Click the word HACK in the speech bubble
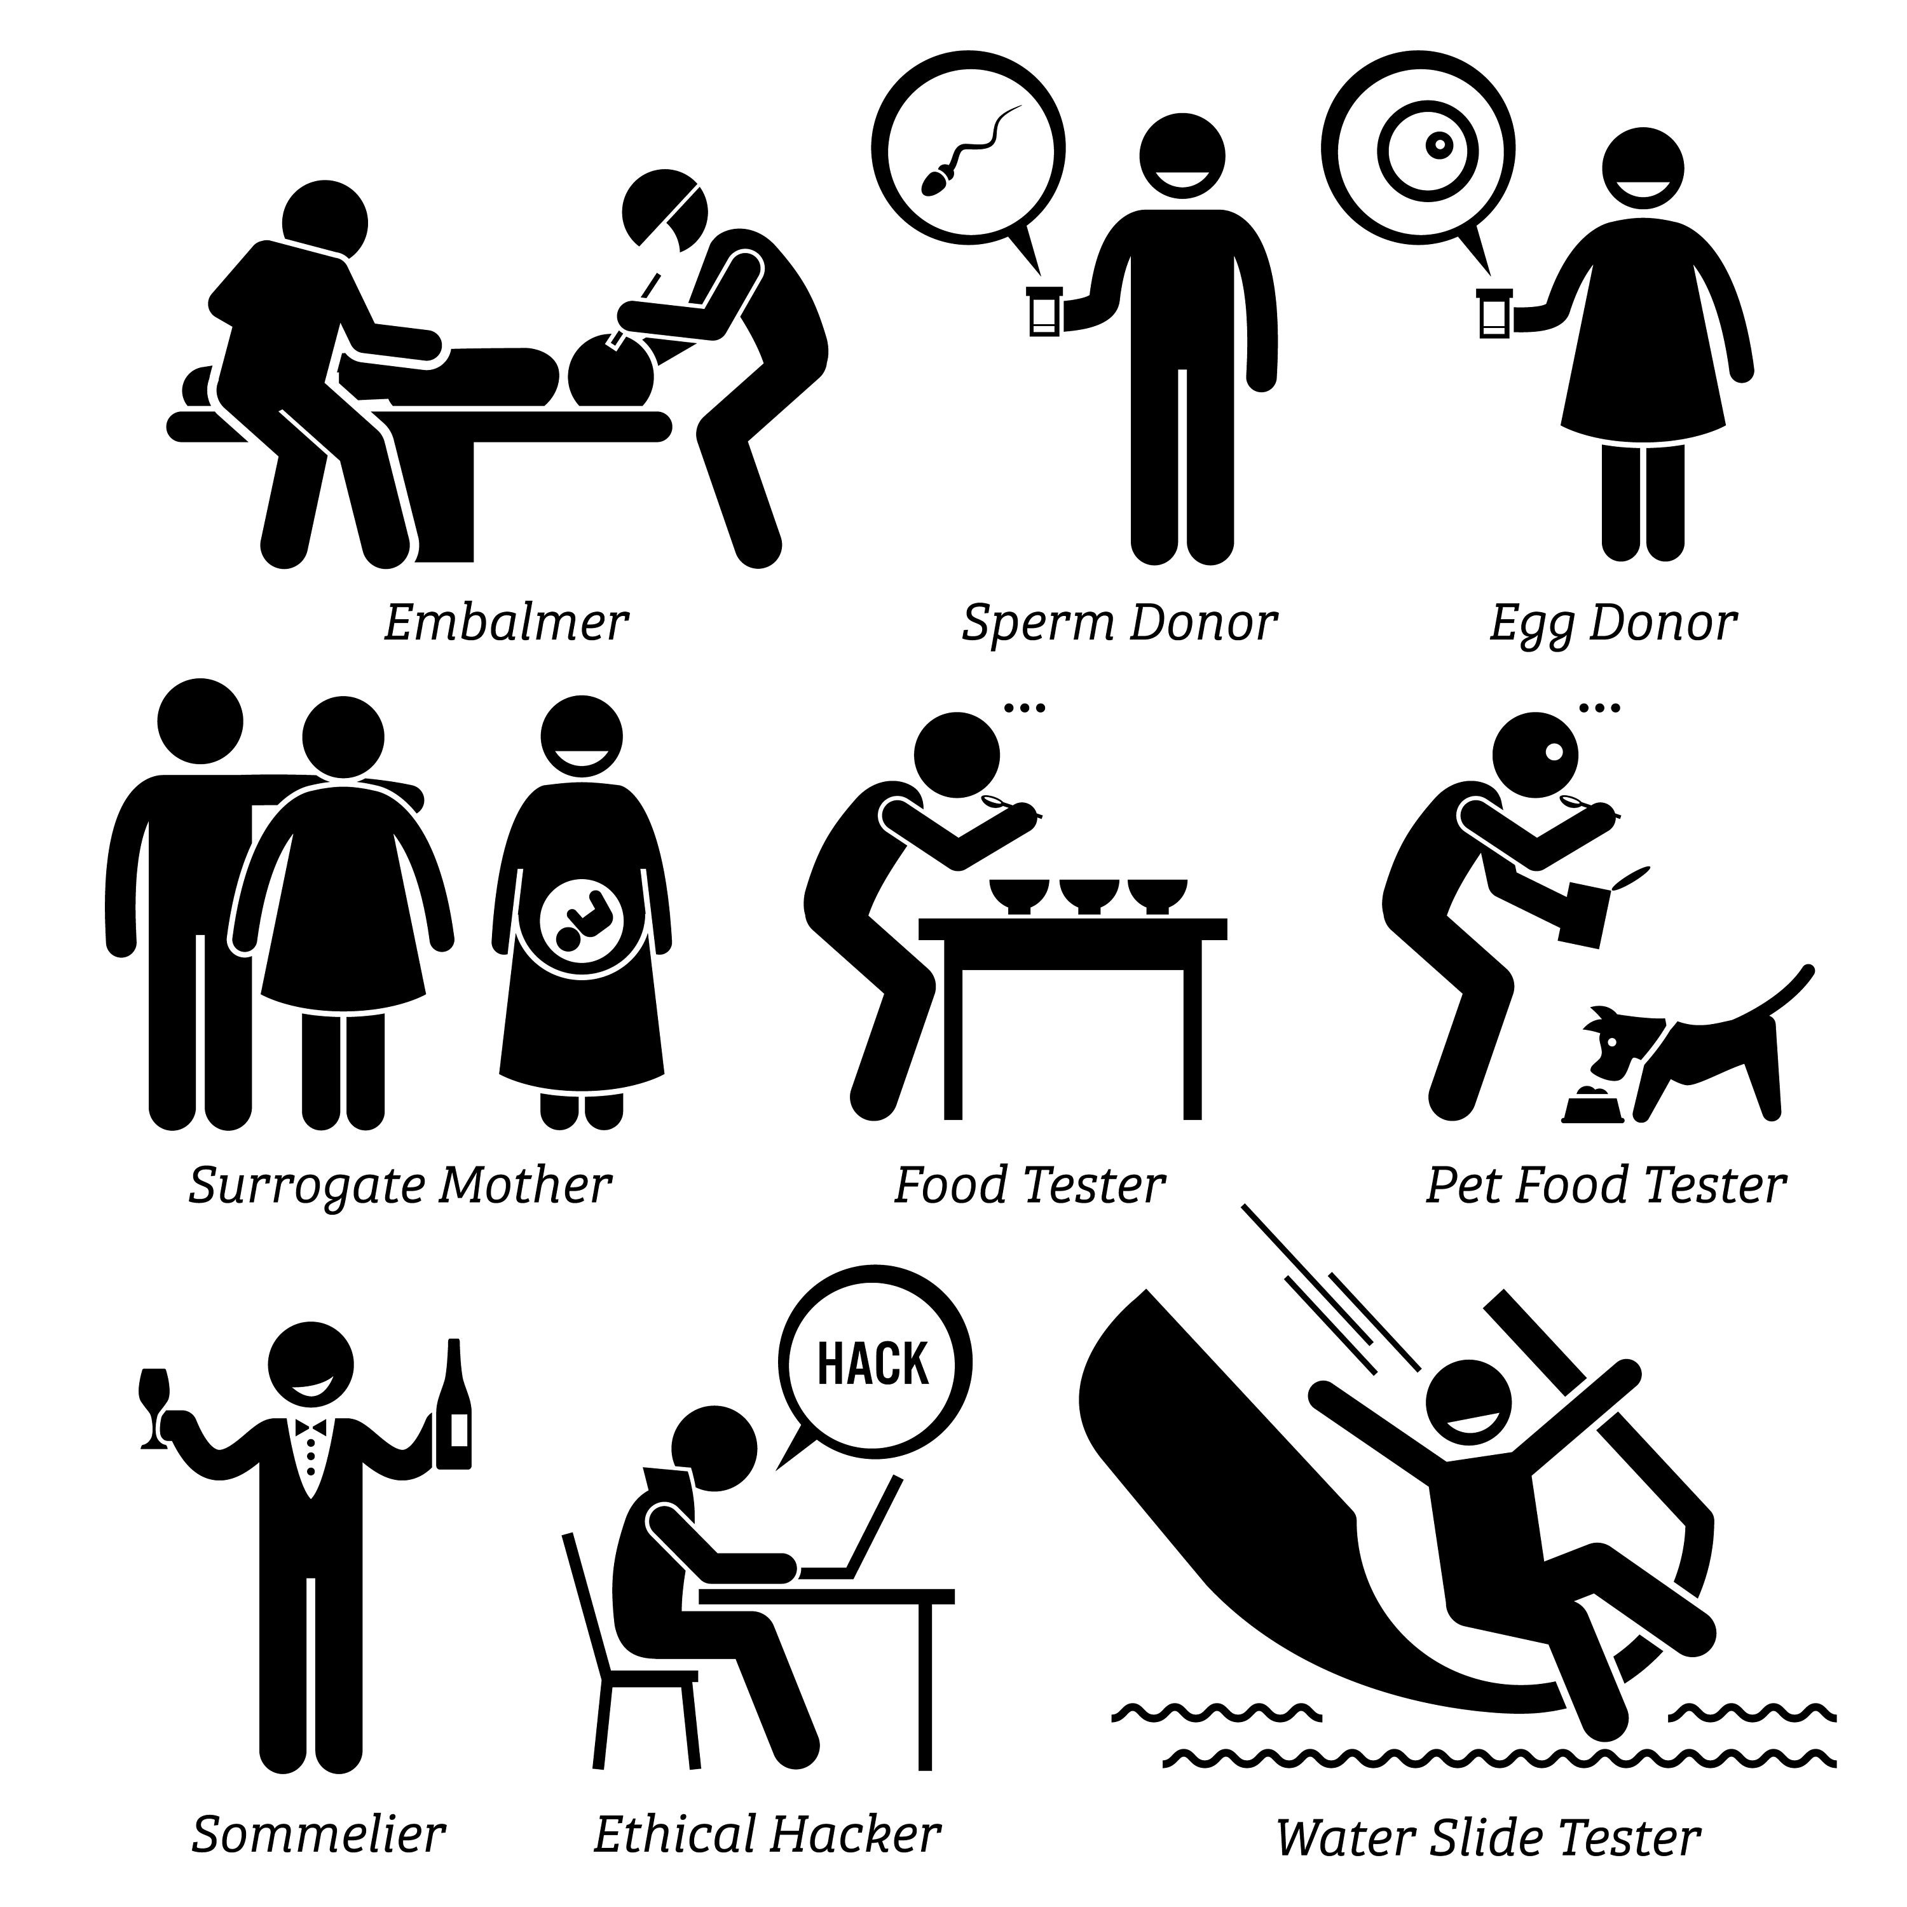(x=873, y=1364)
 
